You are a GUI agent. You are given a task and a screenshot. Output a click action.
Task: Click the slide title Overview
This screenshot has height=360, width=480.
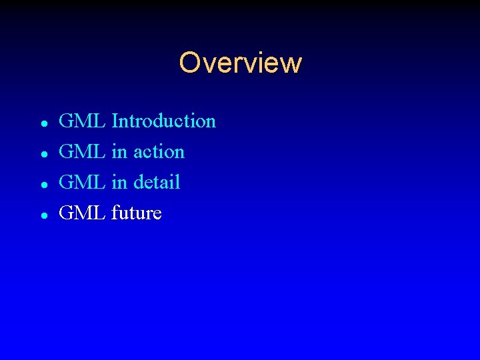[x=240, y=63]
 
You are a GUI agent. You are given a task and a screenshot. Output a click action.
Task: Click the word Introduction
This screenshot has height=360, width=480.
[x=164, y=121]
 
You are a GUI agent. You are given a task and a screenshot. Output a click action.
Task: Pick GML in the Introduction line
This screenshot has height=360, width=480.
[x=82, y=121]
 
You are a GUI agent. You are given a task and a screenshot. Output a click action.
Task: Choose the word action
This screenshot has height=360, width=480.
[x=159, y=152]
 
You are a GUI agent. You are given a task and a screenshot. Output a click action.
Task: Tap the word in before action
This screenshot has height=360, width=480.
[x=119, y=152]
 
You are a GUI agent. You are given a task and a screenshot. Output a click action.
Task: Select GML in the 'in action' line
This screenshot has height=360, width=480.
[x=82, y=152]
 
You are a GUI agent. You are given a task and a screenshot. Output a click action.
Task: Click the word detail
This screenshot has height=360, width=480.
[x=157, y=183]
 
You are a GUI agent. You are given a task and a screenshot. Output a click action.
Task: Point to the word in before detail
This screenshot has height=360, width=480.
[x=119, y=183]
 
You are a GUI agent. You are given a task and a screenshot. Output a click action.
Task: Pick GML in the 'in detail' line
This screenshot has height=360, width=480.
[x=82, y=183]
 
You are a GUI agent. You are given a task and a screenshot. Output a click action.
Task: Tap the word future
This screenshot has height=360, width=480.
[x=137, y=213]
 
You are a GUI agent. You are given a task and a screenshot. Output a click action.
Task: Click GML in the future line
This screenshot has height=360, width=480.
[x=82, y=213]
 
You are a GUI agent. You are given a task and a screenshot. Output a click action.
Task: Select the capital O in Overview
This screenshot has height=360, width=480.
[x=189, y=63]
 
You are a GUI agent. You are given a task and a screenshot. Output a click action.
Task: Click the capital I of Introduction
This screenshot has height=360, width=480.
[x=115, y=121]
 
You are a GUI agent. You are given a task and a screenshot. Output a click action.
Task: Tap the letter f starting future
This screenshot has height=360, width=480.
[x=116, y=213]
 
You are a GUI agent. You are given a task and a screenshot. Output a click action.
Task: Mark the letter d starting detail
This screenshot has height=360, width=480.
[x=139, y=183]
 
